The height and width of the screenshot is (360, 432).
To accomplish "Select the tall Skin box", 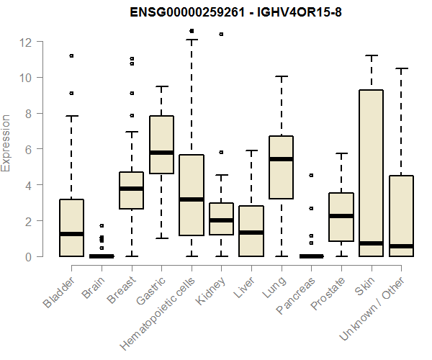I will point(370,173).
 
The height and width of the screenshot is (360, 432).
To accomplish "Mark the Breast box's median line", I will point(131,189).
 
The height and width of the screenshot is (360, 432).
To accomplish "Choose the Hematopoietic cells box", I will point(191,194).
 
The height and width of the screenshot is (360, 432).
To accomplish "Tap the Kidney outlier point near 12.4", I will point(221,34).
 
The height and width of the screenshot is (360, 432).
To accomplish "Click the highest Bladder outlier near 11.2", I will point(72,55).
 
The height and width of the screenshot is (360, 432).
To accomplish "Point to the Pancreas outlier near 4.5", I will point(311,175).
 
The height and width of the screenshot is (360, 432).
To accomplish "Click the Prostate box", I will point(341,217).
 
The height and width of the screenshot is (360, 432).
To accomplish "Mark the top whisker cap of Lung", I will point(281,76).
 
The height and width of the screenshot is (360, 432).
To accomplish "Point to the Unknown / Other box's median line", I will point(400,246).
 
